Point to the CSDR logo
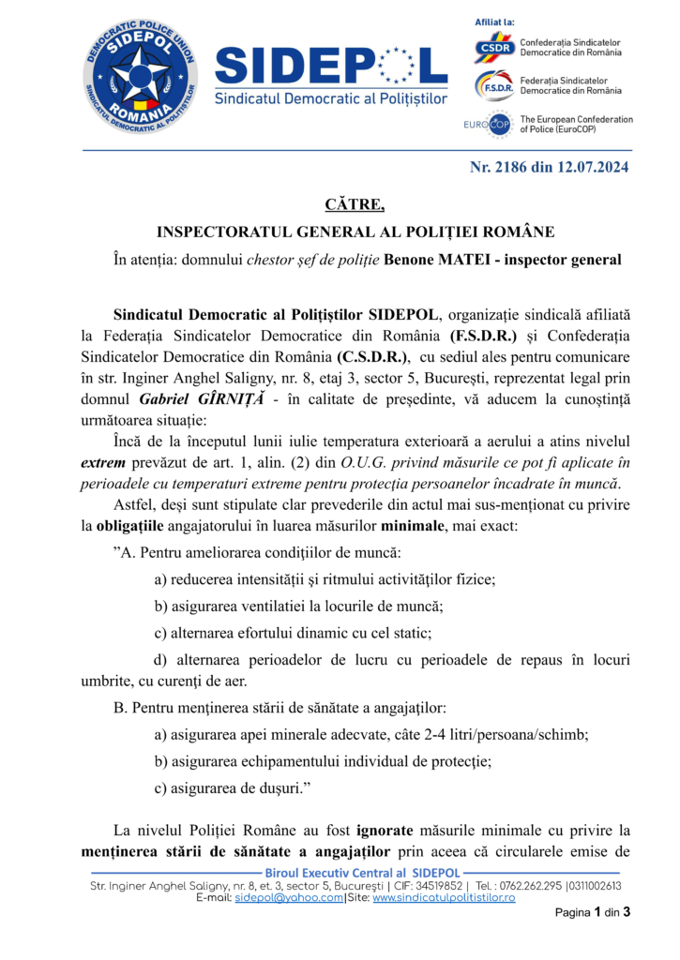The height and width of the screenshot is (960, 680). [493, 46]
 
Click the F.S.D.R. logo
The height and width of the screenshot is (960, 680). [493, 85]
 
